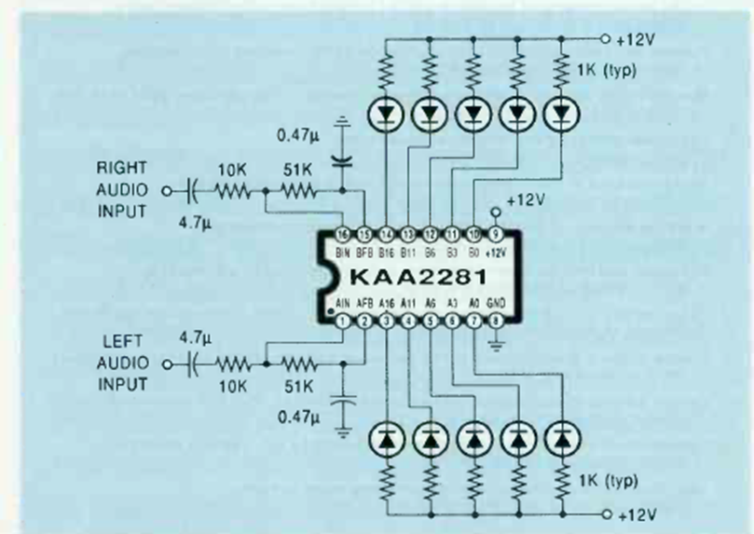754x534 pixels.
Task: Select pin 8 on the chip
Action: point(495,321)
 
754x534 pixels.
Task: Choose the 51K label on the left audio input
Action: point(299,383)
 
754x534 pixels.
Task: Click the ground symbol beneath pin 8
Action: point(495,347)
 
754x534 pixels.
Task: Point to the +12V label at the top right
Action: point(637,40)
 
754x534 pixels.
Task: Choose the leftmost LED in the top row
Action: point(385,114)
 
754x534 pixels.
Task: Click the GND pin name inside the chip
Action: point(494,305)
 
